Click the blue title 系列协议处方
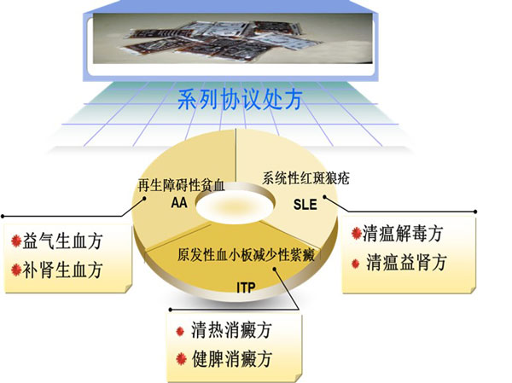coord(240,99)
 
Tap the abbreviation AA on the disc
coord(179,203)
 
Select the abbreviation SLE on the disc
coord(305,205)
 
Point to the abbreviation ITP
coord(246,287)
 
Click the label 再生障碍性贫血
coord(182,185)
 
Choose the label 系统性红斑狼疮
coord(306,178)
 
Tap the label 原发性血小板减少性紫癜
coord(247,255)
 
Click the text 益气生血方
coord(62,241)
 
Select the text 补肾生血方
coord(62,270)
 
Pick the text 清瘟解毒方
coord(403,234)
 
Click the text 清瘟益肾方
coord(406,263)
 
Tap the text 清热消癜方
coord(231,330)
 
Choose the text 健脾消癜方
coord(231,359)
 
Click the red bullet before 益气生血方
coord(16,241)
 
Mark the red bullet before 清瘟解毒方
coord(356,233)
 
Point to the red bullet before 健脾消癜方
coord(181,359)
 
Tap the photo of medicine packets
coord(232,38)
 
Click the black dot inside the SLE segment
coord(324,196)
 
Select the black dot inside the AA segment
coord(144,198)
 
